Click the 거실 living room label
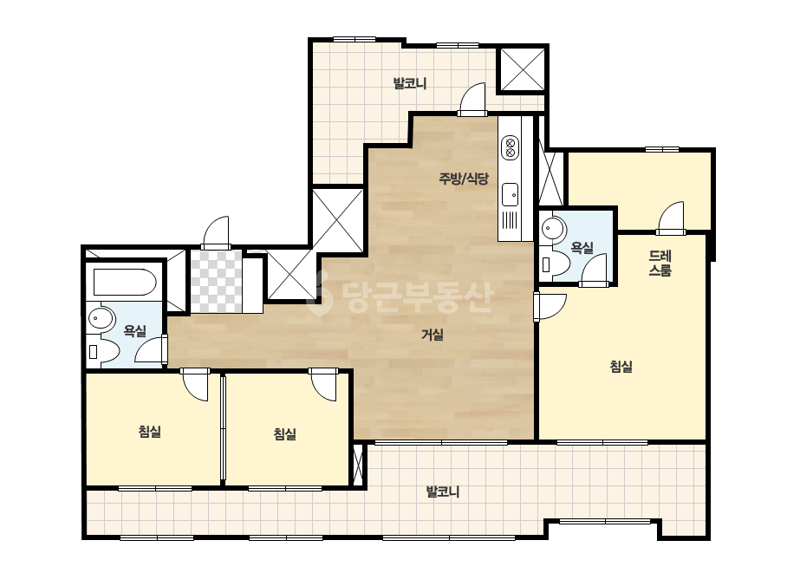click(433, 335)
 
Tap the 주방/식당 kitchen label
click(464, 179)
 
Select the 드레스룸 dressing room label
click(660, 263)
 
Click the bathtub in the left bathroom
click(125, 283)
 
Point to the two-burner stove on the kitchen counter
click(511, 147)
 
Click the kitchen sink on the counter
click(511, 194)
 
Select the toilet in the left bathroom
click(104, 351)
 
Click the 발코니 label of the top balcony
click(410, 82)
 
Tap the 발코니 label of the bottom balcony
click(443, 492)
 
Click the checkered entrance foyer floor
click(217, 281)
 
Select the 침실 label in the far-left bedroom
click(149, 432)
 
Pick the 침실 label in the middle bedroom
click(284, 434)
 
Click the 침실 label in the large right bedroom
click(621, 366)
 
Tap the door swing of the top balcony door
click(472, 99)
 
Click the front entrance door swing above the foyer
click(216, 232)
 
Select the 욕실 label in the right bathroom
click(582, 248)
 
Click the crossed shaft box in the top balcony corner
click(522, 70)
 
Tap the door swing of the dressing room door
click(670, 218)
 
